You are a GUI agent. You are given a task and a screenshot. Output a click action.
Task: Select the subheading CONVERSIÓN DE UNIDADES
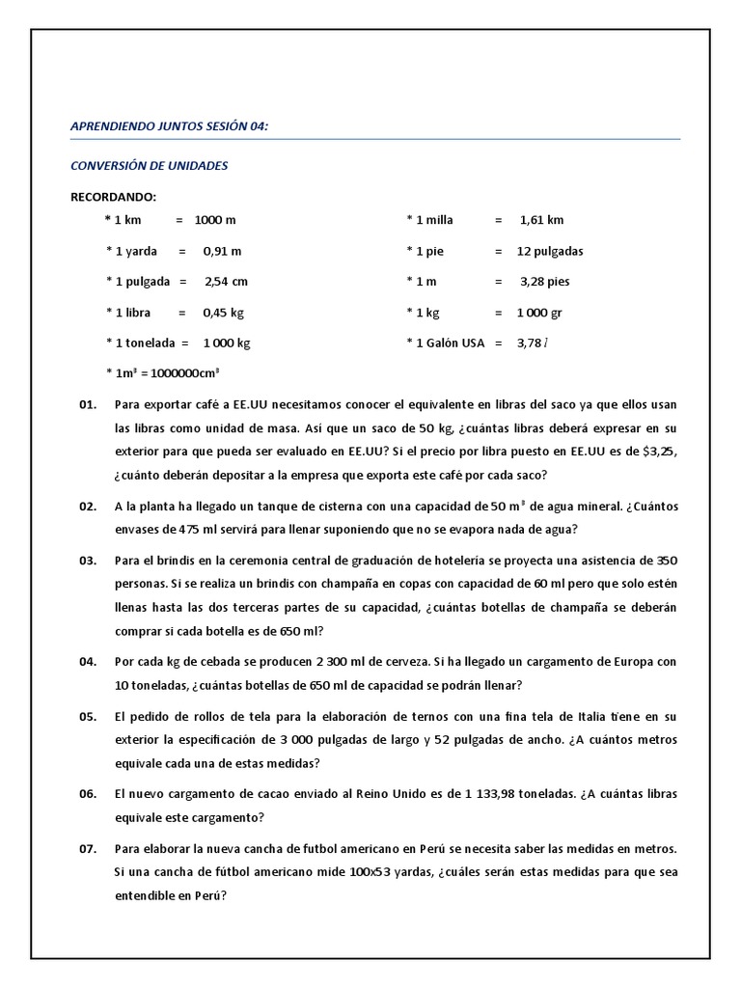pyautogui.click(x=150, y=166)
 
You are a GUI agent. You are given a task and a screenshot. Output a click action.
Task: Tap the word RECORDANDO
pyautogui.click(x=114, y=197)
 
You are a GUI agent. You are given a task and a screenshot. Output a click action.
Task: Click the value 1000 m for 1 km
pyautogui.click(x=215, y=220)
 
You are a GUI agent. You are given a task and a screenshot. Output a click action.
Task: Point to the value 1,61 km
pyautogui.click(x=541, y=220)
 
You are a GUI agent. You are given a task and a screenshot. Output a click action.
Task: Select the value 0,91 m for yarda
pyautogui.click(x=222, y=251)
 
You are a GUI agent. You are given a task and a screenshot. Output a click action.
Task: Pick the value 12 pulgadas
pyautogui.click(x=550, y=251)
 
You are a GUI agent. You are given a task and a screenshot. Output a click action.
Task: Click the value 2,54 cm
pyautogui.click(x=226, y=282)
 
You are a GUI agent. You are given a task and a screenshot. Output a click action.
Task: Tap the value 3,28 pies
pyautogui.click(x=545, y=282)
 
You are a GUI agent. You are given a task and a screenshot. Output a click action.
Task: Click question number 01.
pyautogui.click(x=88, y=405)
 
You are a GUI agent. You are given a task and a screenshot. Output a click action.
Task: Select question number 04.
pyautogui.click(x=88, y=661)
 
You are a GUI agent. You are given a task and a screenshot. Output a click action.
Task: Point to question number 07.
pyautogui.click(x=88, y=848)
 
